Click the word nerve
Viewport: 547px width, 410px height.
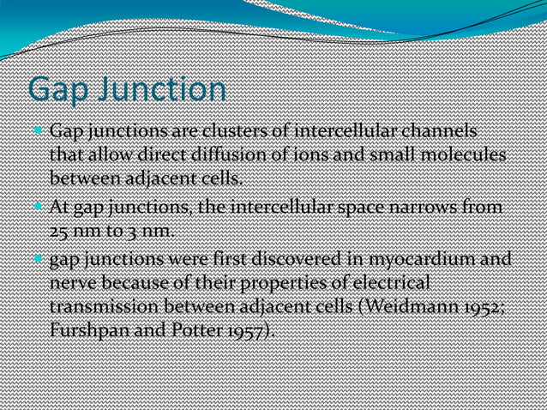pos(71,282)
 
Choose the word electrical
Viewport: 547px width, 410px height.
pos(382,282)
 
